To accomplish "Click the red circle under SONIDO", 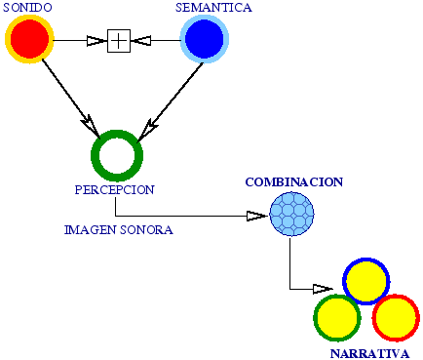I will (28, 40).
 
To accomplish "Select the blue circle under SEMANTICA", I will (205, 40).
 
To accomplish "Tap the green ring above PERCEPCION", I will (117, 154).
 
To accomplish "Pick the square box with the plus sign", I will (118, 40).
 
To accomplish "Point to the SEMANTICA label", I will (213, 8).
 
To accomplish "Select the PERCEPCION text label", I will (114, 189).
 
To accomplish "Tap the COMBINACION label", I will (293, 182).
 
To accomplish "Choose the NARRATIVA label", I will (368, 352).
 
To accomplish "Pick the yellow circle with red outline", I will (395, 317).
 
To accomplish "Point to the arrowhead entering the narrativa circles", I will (323, 289).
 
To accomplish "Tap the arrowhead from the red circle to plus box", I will (96, 40).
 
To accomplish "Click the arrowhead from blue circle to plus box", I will (142, 40).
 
